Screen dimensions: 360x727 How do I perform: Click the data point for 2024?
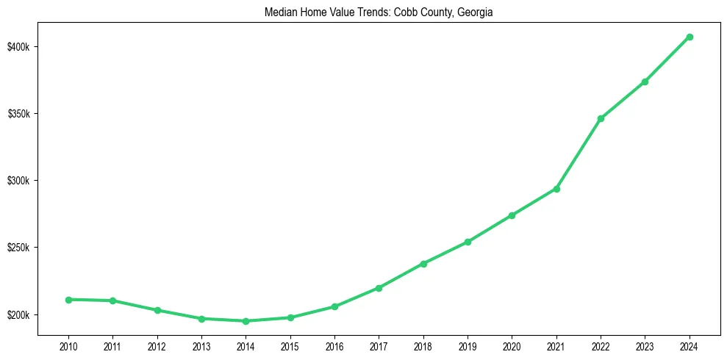(x=690, y=37)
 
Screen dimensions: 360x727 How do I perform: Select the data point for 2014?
(x=246, y=321)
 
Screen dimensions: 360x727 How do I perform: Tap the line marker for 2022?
(x=601, y=118)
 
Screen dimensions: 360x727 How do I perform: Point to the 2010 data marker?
(x=68, y=300)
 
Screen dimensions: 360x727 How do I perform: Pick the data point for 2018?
(x=423, y=263)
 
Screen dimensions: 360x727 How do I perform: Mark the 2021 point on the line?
(x=556, y=189)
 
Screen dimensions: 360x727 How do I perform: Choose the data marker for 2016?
(x=334, y=306)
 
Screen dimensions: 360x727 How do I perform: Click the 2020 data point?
(x=512, y=215)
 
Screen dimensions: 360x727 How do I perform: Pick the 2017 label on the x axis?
(x=379, y=345)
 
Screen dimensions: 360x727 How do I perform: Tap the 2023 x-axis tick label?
(x=645, y=345)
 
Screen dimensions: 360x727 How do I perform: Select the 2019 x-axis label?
(x=468, y=345)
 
